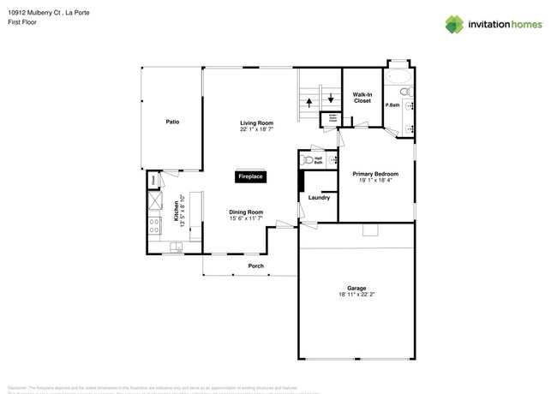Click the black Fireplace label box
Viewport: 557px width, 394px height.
251,176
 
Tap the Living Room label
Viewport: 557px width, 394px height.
256,123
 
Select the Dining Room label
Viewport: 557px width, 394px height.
245,212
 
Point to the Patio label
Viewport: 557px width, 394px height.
171,122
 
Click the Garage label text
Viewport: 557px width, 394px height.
356,288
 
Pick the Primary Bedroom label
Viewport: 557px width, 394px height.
375,174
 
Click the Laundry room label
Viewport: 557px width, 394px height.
319,198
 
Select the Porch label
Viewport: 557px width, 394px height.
255,266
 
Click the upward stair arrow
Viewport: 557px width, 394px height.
309,101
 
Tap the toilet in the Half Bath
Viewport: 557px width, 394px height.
307,159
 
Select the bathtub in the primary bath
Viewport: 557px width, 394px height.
398,75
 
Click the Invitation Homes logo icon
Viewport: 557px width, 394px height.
453,24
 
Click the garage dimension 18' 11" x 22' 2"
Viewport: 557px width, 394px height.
356,295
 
